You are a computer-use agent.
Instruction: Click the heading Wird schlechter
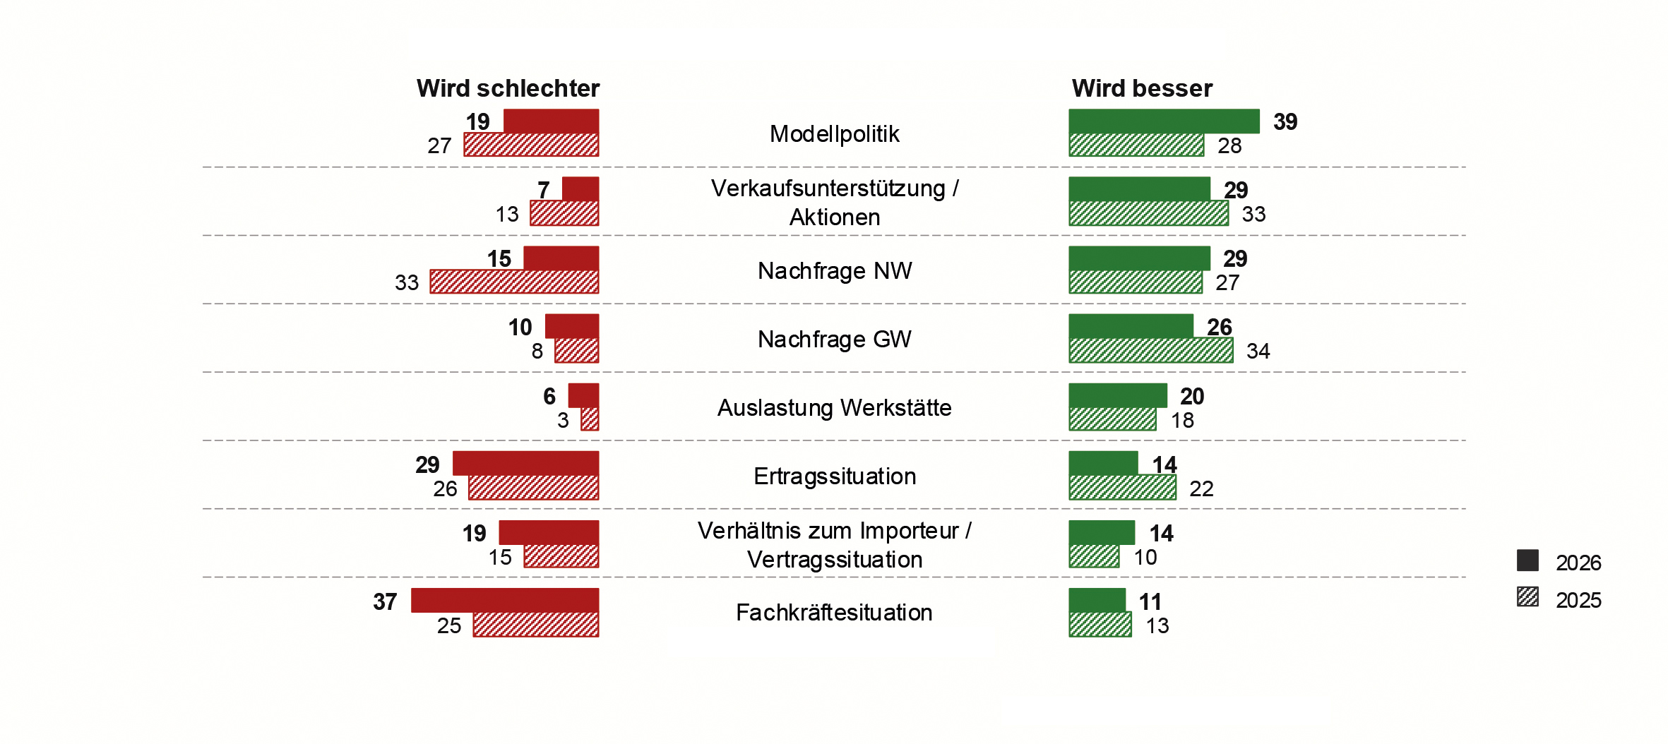(x=508, y=89)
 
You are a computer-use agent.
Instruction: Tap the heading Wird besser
(x=1142, y=89)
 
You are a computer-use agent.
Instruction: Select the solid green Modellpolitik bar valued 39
(x=1164, y=121)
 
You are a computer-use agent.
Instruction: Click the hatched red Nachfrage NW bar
(x=514, y=282)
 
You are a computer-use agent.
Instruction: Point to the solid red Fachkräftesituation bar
(x=505, y=600)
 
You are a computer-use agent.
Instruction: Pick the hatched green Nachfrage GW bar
(x=1151, y=350)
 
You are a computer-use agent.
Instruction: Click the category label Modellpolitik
(x=834, y=134)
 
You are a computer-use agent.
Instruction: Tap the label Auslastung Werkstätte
(x=834, y=408)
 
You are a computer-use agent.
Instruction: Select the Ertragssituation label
(x=834, y=476)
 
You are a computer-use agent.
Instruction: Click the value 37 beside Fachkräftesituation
(x=385, y=602)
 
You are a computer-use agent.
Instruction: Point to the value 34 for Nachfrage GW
(x=1258, y=351)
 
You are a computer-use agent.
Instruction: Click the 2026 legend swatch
(x=1527, y=560)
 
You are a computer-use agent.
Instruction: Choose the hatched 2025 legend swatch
(x=1527, y=597)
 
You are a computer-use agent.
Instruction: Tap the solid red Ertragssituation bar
(x=525, y=463)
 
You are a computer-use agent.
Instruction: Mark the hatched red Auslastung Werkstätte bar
(x=590, y=419)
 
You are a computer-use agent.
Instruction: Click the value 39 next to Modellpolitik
(x=1285, y=122)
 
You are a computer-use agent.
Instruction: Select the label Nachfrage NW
(x=834, y=271)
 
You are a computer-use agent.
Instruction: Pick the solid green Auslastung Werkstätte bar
(x=1118, y=395)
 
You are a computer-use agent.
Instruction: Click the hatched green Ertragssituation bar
(x=1122, y=487)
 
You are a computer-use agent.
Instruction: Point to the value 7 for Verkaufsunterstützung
(x=543, y=190)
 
